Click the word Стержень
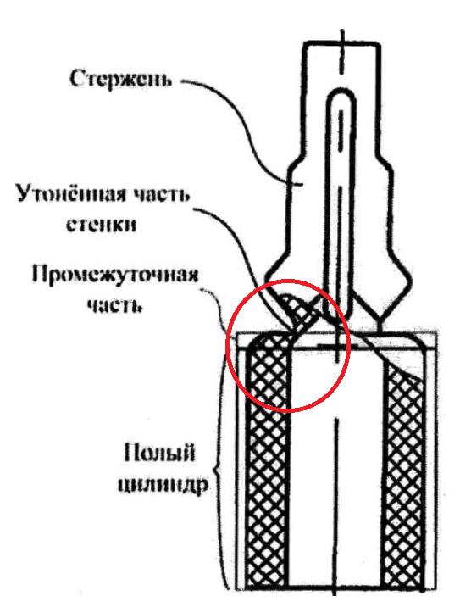[x=120, y=80]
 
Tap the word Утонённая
[x=71, y=192]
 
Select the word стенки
[x=102, y=224]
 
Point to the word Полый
[x=159, y=452]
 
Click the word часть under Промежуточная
[x=114, y=304]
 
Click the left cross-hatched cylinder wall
[x=268, y=465]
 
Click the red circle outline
[x=226, y=346]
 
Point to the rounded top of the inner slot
[x=341, y=94]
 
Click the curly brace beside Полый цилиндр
[x=219, y=465]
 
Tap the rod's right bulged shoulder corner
[x=408, y=280]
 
